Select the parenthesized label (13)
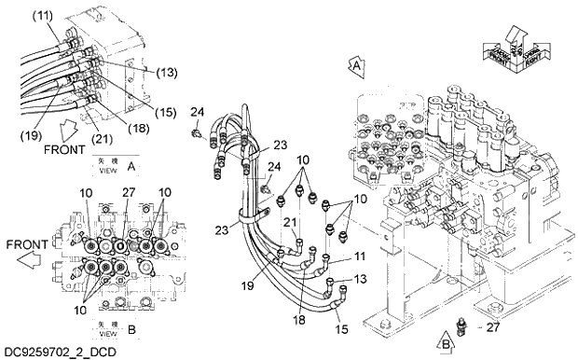point(167,71)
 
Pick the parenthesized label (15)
point(164,112)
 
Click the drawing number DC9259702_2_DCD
point(60,352)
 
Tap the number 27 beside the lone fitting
point(493,327)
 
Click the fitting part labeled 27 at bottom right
point(462,325)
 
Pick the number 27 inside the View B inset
point(129,193)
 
